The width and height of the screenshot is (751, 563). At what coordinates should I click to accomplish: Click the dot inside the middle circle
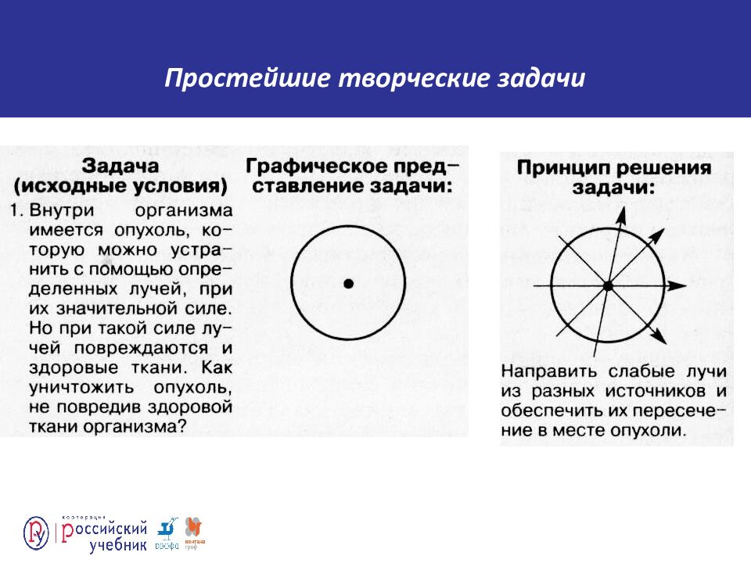[348, 282]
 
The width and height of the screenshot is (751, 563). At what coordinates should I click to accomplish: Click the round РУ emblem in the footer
[36, 533]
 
